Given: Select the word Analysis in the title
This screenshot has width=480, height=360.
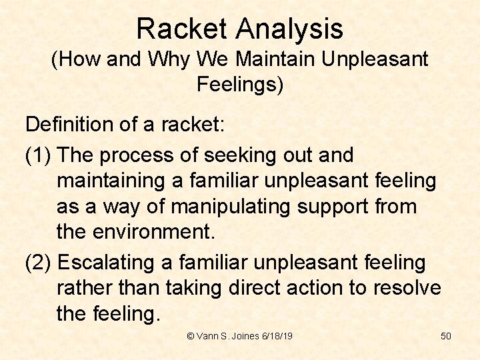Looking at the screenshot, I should point(288,29).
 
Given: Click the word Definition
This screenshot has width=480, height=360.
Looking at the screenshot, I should point(73,124).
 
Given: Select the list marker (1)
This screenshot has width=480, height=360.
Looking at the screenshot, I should point(39,155).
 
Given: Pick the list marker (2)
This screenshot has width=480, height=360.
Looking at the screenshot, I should point(39,263).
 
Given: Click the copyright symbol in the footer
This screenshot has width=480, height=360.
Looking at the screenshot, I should point(191,336).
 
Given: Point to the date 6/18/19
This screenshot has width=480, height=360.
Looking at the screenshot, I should point(278,336).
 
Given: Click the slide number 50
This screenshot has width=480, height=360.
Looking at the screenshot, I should point(446,336).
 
